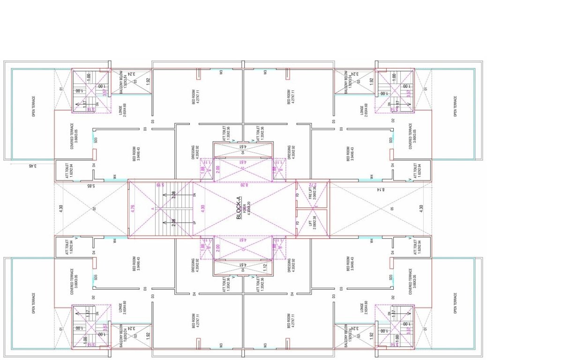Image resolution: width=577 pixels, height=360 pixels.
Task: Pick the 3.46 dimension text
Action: [32, 165]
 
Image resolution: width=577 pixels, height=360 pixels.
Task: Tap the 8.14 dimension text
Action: [380, 189]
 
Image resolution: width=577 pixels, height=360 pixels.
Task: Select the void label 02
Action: [94, 208]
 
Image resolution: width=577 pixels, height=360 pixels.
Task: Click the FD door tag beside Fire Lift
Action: [297, 194]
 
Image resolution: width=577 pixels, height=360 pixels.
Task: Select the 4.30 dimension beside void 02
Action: [60, 208]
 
